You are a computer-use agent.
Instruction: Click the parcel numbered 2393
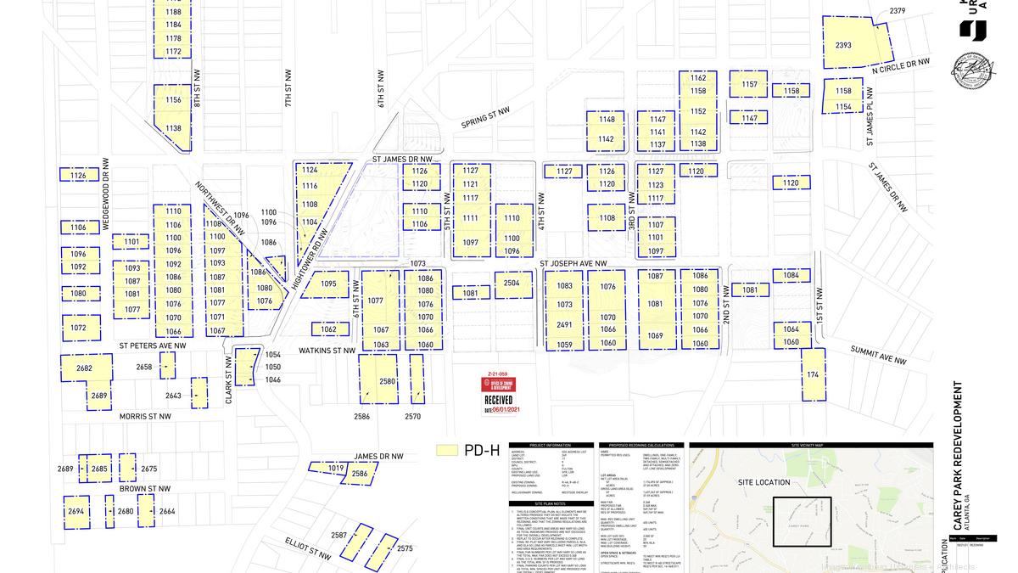(x=843, y=44)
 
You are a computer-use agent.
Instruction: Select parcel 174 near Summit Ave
(x=813, y=374)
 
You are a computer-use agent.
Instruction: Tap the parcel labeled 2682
(x=85, y=368)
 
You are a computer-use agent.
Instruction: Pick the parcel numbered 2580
(x=387, y=381)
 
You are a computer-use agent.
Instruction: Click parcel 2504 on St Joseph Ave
(x=512, y=284)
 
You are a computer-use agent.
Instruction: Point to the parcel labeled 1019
(x=336, y=468)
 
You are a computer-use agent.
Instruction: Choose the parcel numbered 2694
(x=76, y=511)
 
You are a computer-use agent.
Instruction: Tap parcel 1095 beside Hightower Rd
(x=328, y=284)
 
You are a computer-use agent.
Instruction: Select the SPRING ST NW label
(x=486, y=116)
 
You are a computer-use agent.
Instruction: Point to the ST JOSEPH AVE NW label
(x=574, y=264)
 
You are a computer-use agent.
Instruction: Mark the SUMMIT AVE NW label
(x=878, y=355)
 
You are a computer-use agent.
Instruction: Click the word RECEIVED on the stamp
(x=498, y=400)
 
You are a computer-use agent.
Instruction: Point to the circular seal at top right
(x=974, y=71)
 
